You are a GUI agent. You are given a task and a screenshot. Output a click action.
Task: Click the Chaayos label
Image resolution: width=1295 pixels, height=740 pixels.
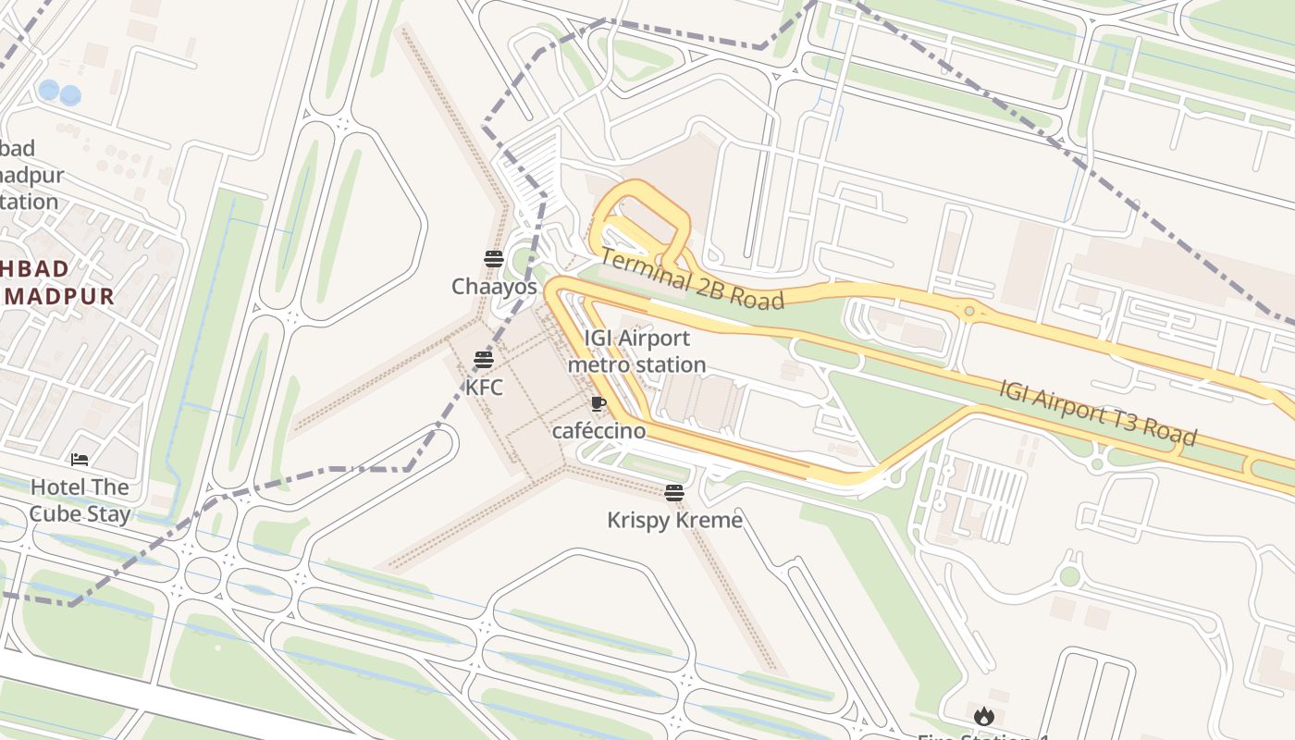[494, 287]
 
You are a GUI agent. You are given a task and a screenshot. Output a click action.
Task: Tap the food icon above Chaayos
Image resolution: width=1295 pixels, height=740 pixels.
[493, 259]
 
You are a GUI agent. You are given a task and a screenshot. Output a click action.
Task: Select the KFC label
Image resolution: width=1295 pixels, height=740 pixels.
[484, 387]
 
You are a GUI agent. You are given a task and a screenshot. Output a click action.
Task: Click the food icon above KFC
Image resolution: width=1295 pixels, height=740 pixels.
[484, 360]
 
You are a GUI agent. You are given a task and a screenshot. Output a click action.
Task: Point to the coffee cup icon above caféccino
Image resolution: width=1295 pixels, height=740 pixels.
[598, 403]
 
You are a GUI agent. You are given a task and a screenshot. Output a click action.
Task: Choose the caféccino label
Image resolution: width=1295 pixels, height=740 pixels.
[598, 431]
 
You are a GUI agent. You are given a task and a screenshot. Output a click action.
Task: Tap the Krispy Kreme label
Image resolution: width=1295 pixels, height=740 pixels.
[674, 520]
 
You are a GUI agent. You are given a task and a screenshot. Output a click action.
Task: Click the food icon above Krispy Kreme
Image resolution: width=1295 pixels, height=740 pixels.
[674, 493]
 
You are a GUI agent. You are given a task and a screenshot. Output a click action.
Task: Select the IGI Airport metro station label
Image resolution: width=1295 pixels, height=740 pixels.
[636, 351]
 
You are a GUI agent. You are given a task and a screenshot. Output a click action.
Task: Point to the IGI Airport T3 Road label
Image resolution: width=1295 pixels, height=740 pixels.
[1098, 413]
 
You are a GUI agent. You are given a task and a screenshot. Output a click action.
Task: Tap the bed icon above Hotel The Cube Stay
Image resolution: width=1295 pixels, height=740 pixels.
[80, 460]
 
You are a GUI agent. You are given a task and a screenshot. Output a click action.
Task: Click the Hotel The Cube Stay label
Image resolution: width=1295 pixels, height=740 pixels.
[80, 500]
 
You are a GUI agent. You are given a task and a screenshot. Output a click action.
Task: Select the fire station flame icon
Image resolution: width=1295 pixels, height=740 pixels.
[983, 716]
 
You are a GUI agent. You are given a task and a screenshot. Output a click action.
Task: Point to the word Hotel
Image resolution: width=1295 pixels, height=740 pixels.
[58, 487]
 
